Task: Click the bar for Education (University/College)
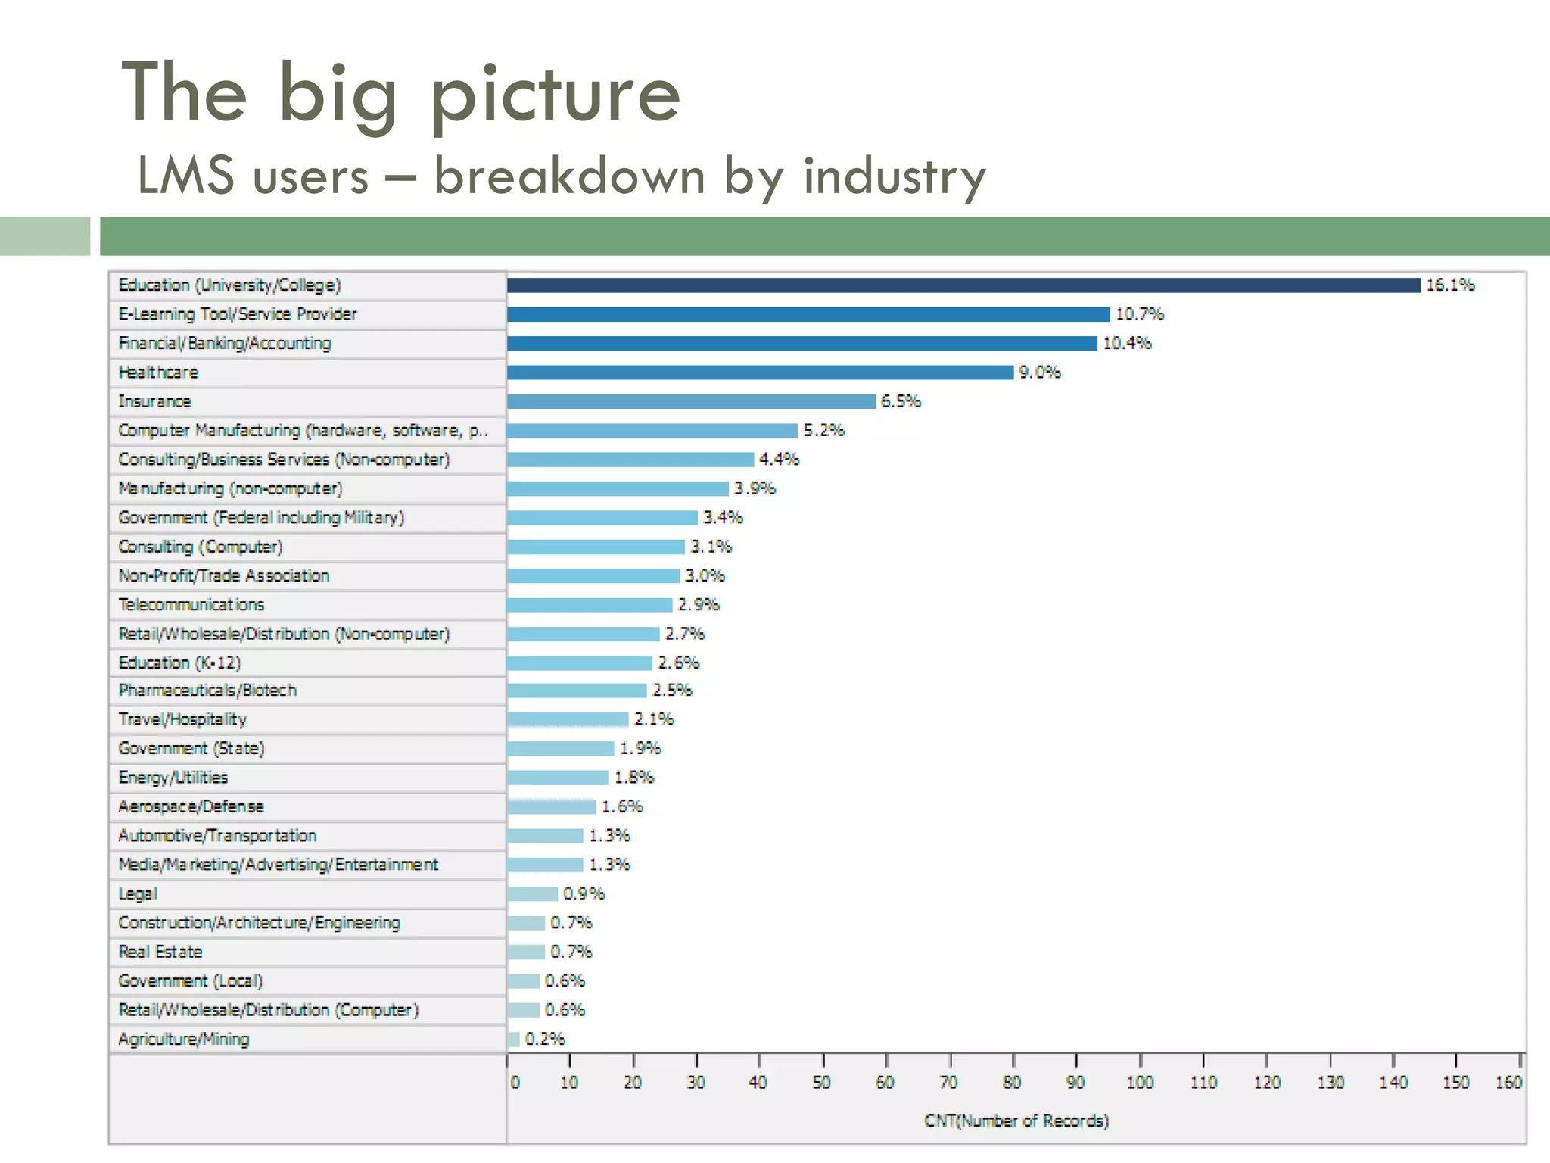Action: (963, 285)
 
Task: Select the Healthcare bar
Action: (760, 372)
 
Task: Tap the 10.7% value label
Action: (1139, 314)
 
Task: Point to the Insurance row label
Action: (155, 401)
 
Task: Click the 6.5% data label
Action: (901, 401)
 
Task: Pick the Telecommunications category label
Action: (191, 604)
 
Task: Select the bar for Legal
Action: (532, 893)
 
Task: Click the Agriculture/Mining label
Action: (184, 1039)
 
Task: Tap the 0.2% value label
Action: (545, 1039)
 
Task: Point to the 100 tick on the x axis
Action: (1140, 1082)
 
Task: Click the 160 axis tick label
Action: (1508, 1082)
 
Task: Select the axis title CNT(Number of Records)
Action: (1016, 1121)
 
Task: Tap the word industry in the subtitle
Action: (895, 176)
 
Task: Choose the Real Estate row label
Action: (160, 952)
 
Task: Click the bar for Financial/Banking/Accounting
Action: (801, 343)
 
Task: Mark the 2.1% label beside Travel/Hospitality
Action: (654, 719)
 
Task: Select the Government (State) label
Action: (191, 748)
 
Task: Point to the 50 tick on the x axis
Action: (822, 1082)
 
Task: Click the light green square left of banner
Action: (45, 236)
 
